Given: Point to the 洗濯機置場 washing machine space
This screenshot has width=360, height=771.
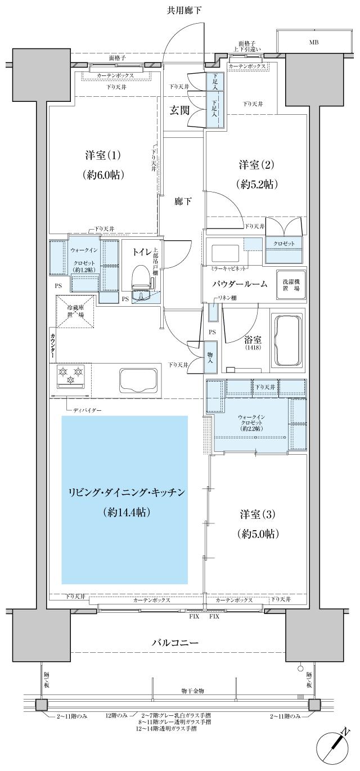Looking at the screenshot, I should (x=291, y=281).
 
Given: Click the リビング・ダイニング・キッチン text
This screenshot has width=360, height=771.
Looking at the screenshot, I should (x=125, y=492).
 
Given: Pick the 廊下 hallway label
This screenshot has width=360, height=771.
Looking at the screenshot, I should (x=182, y=201).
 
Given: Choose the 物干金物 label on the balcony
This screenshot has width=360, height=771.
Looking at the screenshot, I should (x=192, y=690).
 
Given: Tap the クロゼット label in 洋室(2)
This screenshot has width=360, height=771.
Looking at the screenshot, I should (x=283, y=244).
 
